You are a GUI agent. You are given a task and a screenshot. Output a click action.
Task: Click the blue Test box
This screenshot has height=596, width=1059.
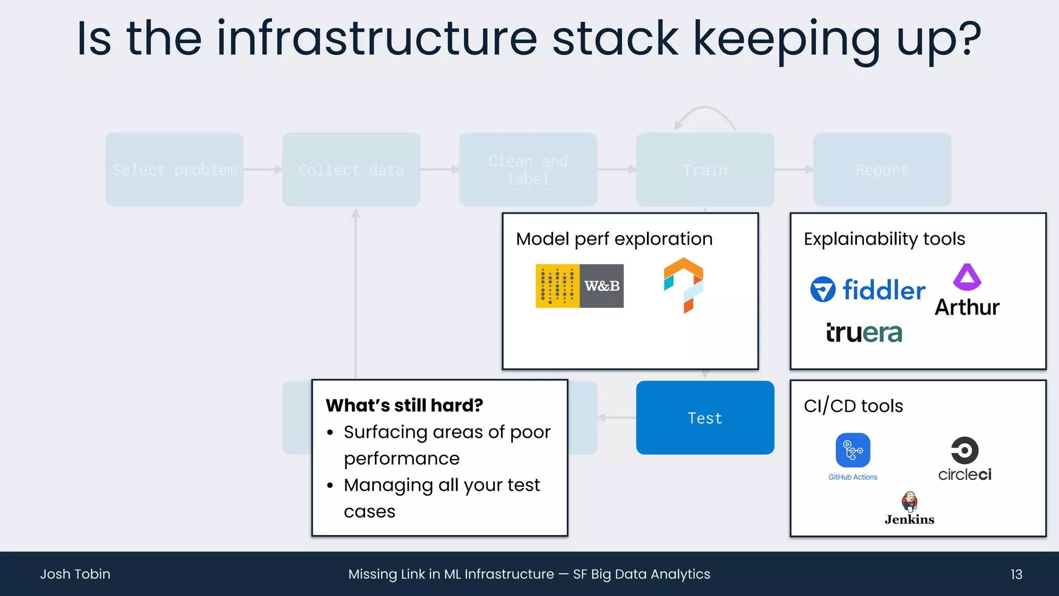coord(705,418)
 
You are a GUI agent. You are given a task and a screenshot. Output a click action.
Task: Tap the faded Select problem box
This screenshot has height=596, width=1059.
coord(174,170)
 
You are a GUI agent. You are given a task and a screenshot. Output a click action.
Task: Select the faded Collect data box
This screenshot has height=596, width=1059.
coord(351,170)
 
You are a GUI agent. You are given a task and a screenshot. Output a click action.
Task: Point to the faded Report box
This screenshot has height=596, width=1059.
coord(882,170)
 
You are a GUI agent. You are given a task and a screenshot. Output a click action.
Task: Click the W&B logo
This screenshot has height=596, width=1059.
coord(580,286)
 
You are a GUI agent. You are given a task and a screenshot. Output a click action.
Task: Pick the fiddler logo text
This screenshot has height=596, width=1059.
coord(883,290)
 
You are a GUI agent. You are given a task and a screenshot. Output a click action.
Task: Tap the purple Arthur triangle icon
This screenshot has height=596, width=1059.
coord(967,277)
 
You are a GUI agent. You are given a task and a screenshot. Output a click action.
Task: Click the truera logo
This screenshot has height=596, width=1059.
coord(864,333)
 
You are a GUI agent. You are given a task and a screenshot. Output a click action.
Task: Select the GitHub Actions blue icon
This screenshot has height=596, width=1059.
coord(853,450)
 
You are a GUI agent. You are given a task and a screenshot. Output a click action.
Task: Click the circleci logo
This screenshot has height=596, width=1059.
coord(965,459)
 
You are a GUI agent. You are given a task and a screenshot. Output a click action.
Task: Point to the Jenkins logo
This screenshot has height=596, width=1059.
coord(910,509)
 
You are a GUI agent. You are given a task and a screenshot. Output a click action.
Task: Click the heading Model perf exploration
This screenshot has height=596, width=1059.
coord(614,239)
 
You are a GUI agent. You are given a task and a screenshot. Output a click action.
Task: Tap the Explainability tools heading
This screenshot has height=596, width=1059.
coord(884,239)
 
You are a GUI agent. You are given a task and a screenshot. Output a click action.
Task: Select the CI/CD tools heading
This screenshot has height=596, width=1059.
coord(853,406)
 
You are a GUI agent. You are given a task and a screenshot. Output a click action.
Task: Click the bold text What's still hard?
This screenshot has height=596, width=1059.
coord(404,405)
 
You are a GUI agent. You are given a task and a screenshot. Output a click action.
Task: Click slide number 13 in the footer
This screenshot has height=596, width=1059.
coord(1016,574)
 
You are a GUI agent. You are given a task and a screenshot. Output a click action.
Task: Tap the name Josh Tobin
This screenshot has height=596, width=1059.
coord(75,574)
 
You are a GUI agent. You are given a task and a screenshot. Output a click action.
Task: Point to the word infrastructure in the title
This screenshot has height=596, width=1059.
coord(377,38)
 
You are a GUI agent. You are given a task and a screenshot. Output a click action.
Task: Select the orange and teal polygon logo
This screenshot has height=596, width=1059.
coord(684,285)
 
